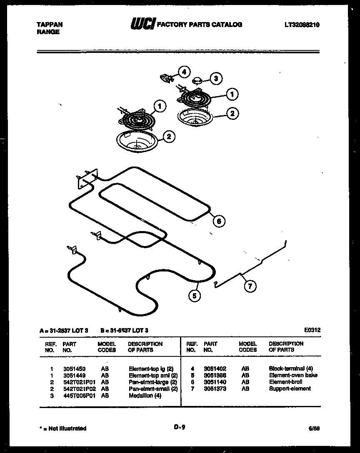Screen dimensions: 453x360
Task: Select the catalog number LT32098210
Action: [x=302, y=25]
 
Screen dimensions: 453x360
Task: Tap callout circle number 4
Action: [x=185, y=72]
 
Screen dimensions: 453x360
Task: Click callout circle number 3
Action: [x=215, y=78]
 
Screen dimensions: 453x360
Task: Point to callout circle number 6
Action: [x=219, y=221]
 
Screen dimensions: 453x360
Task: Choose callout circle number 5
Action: [x=194, y=296]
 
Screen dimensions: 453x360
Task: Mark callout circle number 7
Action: [x=250, y=286]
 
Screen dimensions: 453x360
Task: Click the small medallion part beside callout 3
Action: [x=197, y=80]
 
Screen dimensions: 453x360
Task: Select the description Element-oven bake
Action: [x=293, y=375]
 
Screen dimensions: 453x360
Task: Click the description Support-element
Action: [x=290, y=388]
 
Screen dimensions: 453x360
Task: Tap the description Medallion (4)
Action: [x=145, y=395]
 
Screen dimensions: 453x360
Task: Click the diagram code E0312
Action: [x=312, y=330]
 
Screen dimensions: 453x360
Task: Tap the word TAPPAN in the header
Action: [x=47, y=25]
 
